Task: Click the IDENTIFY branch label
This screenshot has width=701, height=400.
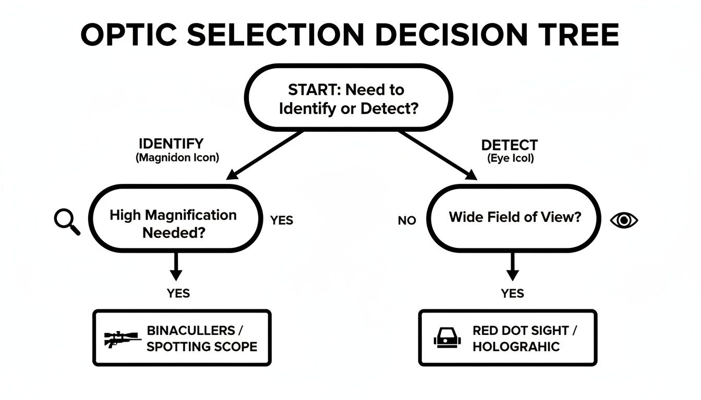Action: [171, 144]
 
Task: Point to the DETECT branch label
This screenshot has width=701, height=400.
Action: [509, 145]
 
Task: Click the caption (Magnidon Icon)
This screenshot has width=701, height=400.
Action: [177, 158]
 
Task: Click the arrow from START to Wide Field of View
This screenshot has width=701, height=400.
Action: [438, 155]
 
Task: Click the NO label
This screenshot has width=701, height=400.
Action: [407, 221]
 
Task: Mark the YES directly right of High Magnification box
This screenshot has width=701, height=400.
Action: [282, 220]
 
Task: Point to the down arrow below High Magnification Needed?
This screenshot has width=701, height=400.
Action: [176, 267]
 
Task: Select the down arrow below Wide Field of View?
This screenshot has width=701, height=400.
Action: [513, 267]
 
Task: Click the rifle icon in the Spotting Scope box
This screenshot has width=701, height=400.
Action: [122, 339]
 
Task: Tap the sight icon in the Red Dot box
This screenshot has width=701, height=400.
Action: [448, 339]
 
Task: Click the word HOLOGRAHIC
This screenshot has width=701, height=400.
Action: [516, 346]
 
